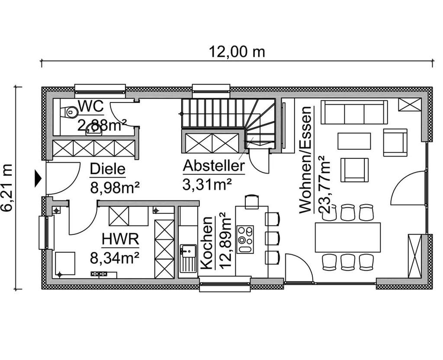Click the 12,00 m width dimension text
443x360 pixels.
tap(237, 52)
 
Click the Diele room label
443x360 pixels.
tap(108, 170)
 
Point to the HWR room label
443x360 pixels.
tap(115, 239)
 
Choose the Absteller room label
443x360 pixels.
tap(214, 166)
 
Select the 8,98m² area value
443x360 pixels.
tap(115, 187)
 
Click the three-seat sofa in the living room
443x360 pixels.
tap(354, 112)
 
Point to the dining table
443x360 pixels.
tap(348, 238)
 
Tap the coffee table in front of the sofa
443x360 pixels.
tap(354, 141)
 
